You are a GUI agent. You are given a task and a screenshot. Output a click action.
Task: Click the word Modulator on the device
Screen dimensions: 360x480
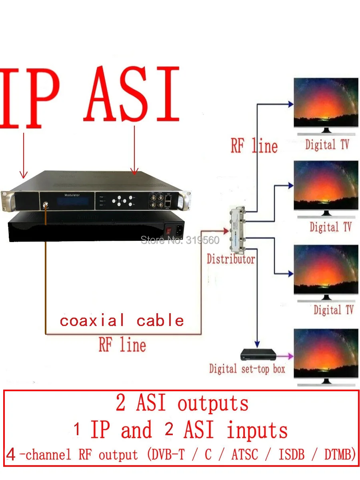point(72,195)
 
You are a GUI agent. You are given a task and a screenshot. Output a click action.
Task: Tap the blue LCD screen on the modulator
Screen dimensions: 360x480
point(73,202)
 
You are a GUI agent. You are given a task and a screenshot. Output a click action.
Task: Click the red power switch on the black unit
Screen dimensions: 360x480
point(168,230)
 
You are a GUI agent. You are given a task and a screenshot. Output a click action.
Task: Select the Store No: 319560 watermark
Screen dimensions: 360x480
point(180,240)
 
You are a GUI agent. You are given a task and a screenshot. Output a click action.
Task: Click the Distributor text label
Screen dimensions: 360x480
point(231,259)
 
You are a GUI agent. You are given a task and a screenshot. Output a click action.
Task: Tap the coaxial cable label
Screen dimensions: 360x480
point(122,320)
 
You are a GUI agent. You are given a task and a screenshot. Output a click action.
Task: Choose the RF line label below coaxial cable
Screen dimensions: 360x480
point(122,345)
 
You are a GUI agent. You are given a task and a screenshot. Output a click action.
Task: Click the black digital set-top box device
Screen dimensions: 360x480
point(258,354)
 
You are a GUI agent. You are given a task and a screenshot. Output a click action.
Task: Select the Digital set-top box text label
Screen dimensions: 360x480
point(247,369)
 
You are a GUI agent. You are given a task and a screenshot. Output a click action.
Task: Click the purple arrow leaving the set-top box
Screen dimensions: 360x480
point(285,356)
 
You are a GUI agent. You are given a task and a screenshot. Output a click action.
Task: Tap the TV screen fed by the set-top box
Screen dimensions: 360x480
point(326,353)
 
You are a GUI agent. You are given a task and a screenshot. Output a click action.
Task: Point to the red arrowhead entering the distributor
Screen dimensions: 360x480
point(226,231)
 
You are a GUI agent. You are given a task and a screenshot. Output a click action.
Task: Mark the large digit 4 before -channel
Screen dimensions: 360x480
point(11,454)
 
